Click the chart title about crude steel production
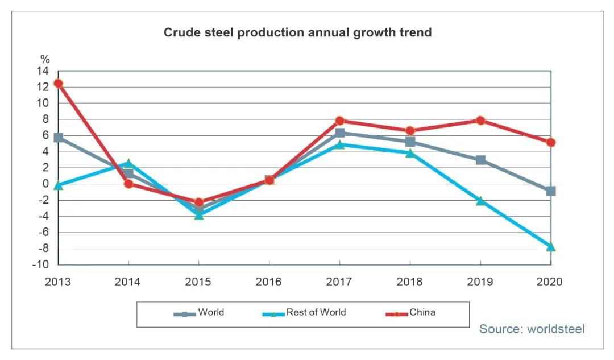point(297,32)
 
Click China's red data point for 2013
point(58,84)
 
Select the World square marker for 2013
point(58,138)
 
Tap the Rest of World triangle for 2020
point(550,247)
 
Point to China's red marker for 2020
point(550,142)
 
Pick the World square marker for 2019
point(480,160)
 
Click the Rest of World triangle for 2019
point(480,201)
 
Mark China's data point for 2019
point(480,121)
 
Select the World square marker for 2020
point(550,191)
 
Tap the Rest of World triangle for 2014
point(128,163)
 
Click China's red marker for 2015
point(199,202)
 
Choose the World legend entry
point(199,313)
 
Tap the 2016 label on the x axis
point(269,282)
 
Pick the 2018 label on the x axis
point(410,282)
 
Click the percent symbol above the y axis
point(45,59)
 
